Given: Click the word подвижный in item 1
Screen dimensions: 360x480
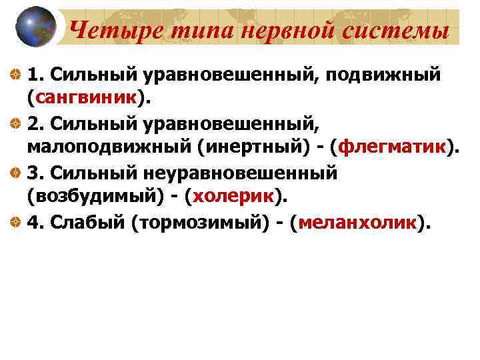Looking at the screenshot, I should pos(383,73).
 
